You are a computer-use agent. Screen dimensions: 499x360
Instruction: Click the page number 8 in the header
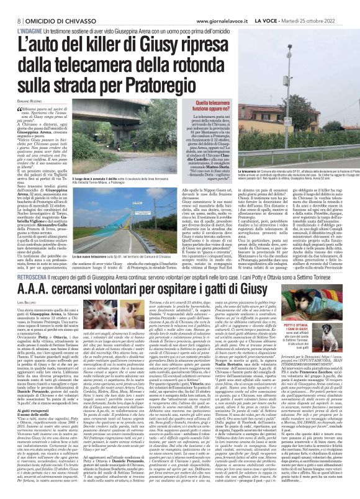[11, 6]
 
